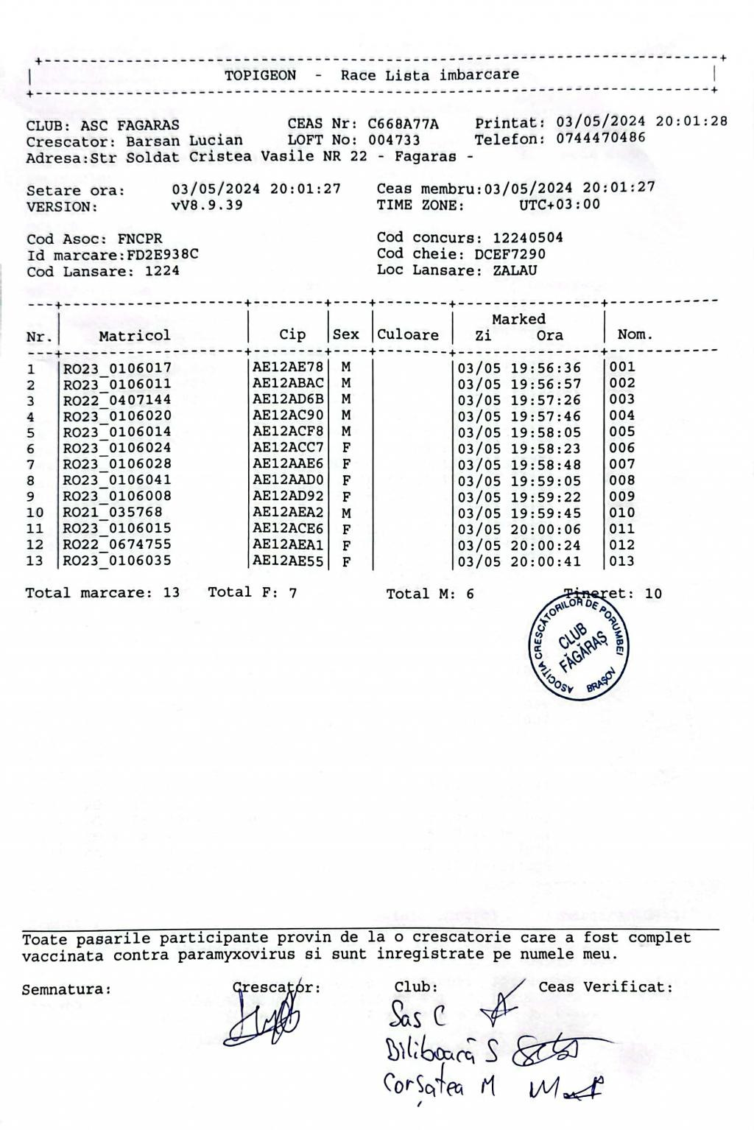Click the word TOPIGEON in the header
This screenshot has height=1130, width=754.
point(260,75)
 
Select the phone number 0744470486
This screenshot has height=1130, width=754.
point(601,138)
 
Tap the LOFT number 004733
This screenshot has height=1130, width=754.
point(394,140)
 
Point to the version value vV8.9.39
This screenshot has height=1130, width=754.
point(207,205)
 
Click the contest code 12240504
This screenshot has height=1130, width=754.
point(527,237)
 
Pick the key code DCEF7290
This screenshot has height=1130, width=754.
point(510,254)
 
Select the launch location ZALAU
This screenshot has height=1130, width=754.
point(515,270)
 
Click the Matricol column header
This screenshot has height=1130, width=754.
point(134,335)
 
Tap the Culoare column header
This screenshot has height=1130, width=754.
point(408,334)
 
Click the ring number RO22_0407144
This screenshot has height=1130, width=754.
point(117,400)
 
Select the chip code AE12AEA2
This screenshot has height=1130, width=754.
point(288,513)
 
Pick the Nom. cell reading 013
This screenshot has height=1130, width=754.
point(621,561)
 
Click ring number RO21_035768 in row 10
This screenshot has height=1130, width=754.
point(113,513)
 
